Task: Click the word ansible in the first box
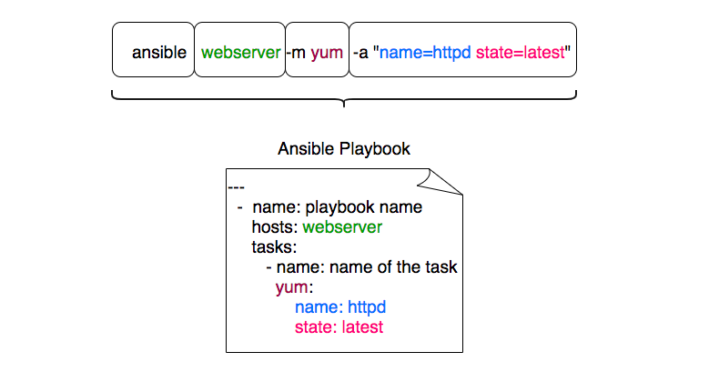tap(159, 52)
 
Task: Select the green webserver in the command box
tap(241, 52)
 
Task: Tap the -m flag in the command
tap(296, 53)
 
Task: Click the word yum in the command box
tap(327, 54)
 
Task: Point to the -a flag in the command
tap(360, 53)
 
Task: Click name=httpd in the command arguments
tap(425, 53)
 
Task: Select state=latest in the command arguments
tap(520, 52)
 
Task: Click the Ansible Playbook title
tap(344, 149)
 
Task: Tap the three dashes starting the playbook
tap(236, 187)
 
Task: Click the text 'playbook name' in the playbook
tap(364, 207)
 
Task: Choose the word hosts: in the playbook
tap(275, 227)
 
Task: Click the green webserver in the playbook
tap(342, 227)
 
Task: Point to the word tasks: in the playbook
tap(274, 247)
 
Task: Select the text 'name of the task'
tap(393, 267)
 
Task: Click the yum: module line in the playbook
tap(294, 287)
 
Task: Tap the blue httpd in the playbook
tap(367, 307)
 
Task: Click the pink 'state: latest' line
tap(339, 327)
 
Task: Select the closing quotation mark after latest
tap(568, 47)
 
